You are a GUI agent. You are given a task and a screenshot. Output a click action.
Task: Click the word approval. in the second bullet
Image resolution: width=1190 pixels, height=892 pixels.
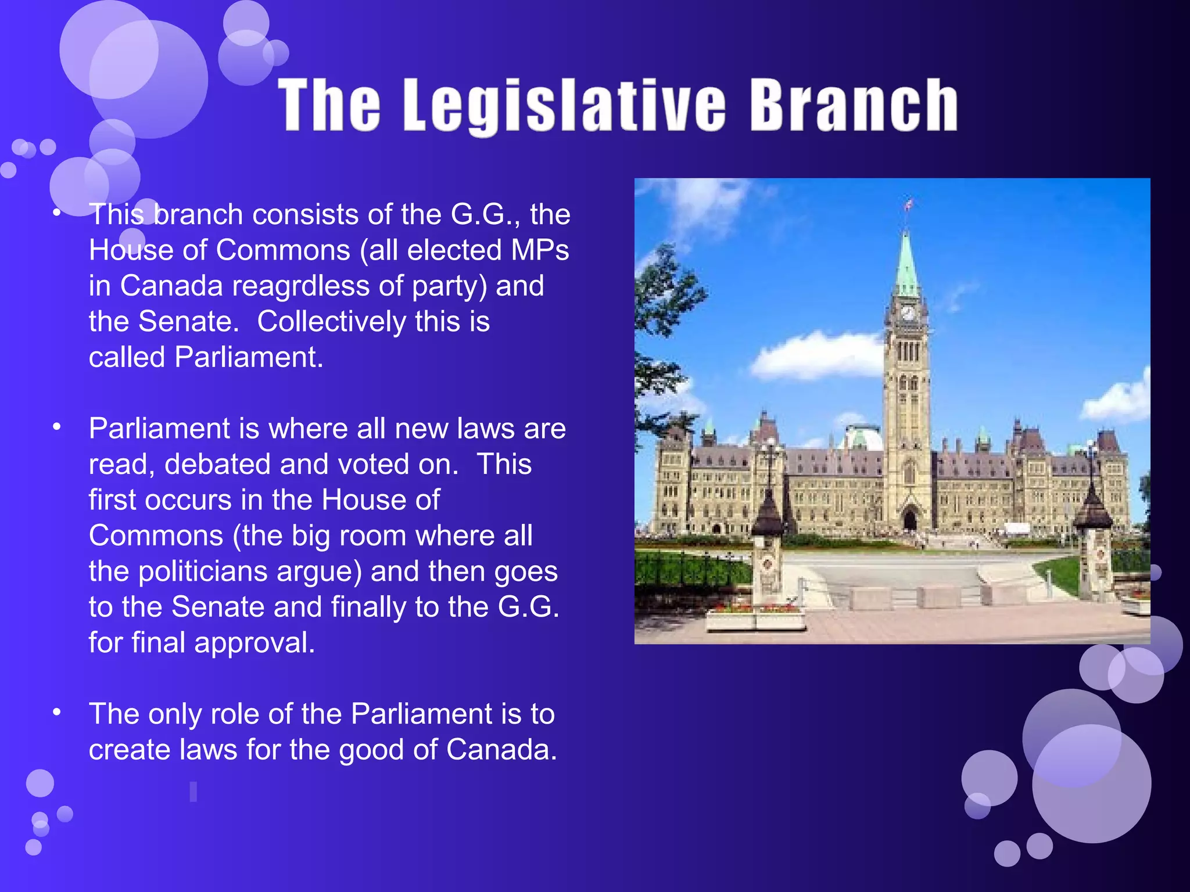255,643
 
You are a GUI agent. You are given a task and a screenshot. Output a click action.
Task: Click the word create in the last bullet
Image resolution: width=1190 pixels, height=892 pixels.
130,750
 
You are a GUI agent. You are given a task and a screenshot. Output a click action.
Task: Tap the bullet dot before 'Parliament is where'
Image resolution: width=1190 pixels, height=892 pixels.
56,428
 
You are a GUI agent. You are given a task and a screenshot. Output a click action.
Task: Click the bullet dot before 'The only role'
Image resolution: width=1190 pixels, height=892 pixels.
56,713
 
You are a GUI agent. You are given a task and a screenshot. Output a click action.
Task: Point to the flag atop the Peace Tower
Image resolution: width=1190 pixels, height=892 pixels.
908,204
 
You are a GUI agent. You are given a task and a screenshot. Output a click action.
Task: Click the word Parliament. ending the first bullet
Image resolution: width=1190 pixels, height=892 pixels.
249,357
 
